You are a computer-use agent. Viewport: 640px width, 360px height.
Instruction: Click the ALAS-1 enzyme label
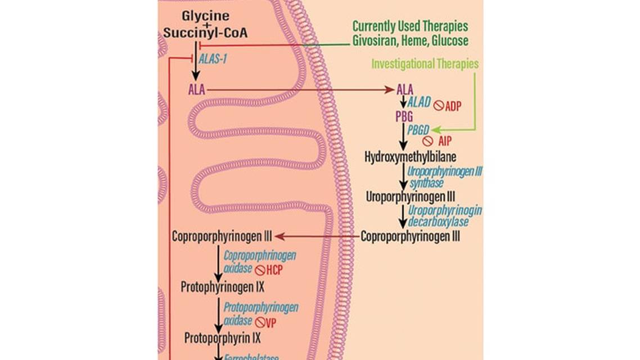[x=213, y=58]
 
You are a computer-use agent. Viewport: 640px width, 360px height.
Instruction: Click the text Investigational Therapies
[x=425, y=64]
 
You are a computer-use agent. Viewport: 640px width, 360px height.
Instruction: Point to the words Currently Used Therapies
[x=410, y=26]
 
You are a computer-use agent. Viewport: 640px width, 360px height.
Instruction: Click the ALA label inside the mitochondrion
[x=197, y=89]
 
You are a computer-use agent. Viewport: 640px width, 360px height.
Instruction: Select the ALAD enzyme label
[x=419, y=102]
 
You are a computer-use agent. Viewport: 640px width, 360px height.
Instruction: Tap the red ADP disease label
[x=453, y=106]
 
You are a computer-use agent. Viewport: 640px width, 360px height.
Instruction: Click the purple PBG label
[x=404, y=116]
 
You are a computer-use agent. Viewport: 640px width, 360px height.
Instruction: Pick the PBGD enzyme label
[x=418, y=129]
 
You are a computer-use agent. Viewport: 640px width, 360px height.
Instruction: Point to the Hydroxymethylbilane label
[x=411, y=156]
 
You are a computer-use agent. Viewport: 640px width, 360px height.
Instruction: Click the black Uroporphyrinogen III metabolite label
[x=411, y=197]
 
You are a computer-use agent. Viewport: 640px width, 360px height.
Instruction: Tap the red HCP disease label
[x=274, y=270]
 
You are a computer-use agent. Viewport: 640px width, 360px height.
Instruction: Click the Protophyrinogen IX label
[x=222, y=287]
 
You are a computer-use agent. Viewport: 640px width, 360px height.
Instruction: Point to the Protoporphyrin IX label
[x=222, y=338]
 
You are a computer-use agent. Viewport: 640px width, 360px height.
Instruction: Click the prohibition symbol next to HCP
[x=260, y=271]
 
